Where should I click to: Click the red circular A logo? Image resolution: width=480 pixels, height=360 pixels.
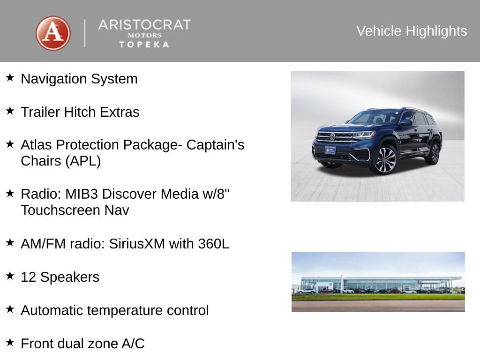click(53, 33)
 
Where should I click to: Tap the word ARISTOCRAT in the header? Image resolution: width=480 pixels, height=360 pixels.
click(144, 25)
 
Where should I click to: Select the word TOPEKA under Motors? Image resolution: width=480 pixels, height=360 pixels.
click(144, 44)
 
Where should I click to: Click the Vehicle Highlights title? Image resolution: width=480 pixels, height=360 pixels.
click(412, 31)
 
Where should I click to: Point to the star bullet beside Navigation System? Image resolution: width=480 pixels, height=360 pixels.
click(10, 77)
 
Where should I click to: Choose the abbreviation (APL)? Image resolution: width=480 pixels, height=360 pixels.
click(83, 161)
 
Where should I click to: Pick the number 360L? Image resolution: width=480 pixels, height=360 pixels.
click(213, 244)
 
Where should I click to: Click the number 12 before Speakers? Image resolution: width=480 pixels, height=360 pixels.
click(28, 277)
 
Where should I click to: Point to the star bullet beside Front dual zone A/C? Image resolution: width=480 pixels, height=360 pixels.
click(10, 342)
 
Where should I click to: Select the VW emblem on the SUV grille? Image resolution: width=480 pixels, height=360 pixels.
click(332, 137)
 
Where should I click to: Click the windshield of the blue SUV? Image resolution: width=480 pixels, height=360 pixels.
click(375, 117)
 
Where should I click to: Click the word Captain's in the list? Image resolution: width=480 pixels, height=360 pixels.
click(215, 145)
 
